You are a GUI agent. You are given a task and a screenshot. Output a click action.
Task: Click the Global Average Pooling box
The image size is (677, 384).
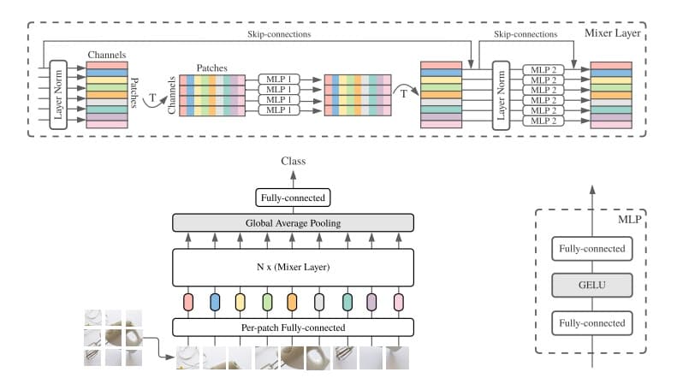[x=294, y=222]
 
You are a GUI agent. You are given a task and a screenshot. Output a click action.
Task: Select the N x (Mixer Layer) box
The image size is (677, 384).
[x=294, y=267]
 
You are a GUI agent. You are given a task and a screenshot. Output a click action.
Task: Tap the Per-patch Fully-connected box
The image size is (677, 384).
[x=294, y=327]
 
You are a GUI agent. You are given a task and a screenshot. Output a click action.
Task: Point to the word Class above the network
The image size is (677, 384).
[x=293, y=161]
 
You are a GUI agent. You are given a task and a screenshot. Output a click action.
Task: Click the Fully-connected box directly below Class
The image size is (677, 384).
[x=293, y=198]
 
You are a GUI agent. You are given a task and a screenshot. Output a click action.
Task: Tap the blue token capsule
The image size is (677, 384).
[x=215, y=301]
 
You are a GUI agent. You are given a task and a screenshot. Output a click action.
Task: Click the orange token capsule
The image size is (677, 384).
[x=293, y=301]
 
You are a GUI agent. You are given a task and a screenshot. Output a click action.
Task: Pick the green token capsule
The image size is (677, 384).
[x=267, y=301]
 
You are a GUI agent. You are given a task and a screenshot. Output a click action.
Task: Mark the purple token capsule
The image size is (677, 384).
[x=371, y=301]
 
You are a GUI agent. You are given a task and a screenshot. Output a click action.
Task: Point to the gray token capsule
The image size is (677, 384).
[x=319, y=301]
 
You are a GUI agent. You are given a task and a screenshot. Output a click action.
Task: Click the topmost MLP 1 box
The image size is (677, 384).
[x=278, y=79]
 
